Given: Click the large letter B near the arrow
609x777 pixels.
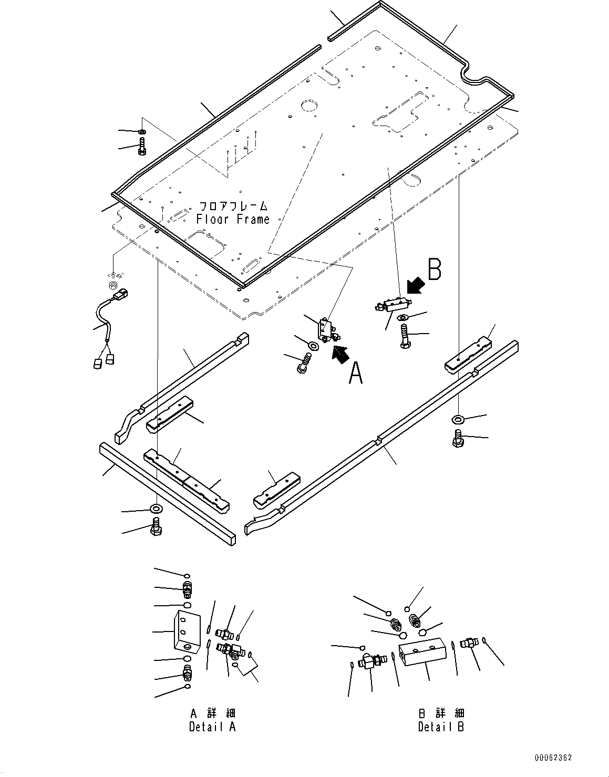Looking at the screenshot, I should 434,269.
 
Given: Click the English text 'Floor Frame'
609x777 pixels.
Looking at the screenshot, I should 233,220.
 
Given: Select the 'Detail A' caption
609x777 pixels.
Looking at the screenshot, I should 212,727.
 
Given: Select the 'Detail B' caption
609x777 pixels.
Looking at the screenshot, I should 441,727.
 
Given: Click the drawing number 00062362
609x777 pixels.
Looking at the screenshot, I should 553,758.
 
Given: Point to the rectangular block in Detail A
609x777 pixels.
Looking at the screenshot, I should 187,631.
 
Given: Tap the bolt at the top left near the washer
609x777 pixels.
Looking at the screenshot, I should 142,147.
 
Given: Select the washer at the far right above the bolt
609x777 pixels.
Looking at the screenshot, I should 457,419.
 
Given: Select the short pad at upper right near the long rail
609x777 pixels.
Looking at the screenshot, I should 469,358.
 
